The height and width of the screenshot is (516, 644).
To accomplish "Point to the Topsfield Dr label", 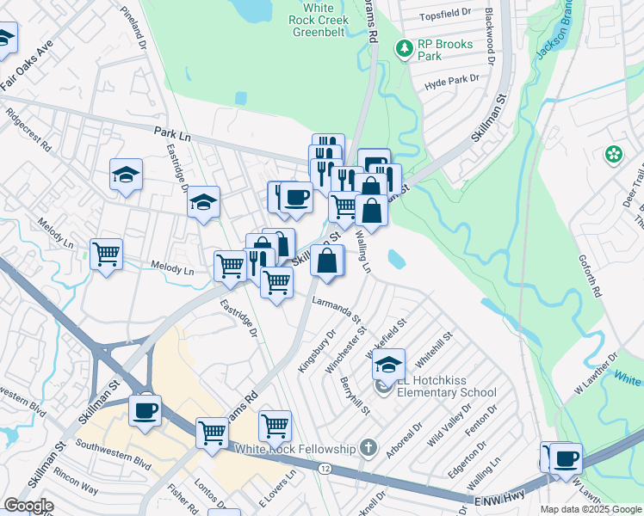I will (446, 15).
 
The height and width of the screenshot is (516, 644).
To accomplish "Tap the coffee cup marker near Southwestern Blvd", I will (146, 409).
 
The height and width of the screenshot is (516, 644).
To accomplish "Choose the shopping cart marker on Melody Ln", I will (106, 254).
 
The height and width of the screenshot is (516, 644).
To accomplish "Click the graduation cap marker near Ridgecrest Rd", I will (126, 175).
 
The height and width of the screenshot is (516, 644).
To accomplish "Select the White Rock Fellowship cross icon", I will (368, 447).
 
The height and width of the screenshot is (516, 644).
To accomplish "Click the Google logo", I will (28, 506).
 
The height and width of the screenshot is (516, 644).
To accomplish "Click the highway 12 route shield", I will (324, 468).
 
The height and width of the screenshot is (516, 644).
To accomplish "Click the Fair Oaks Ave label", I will (28, 64).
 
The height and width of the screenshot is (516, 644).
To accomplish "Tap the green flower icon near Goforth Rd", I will (614, 155).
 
